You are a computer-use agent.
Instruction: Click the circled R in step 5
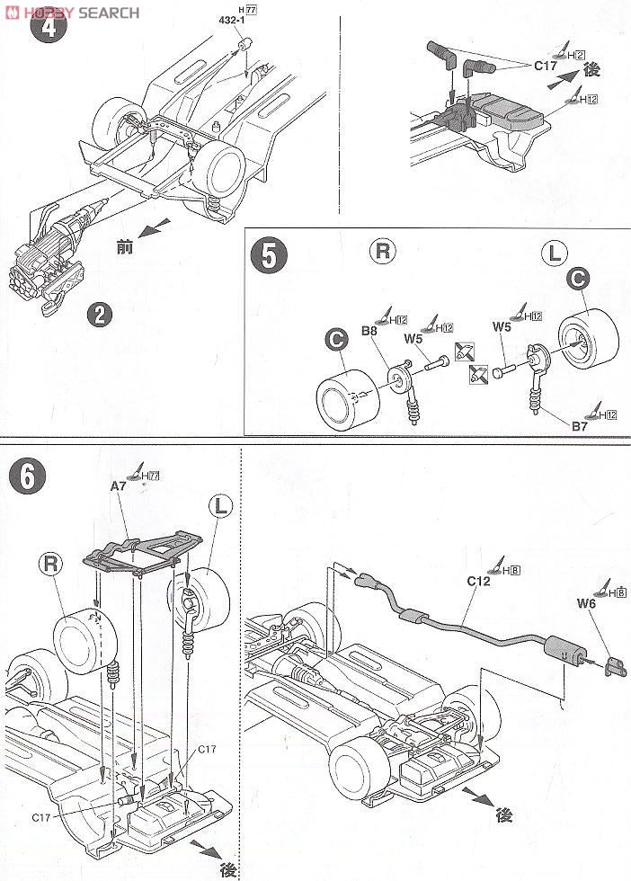384,253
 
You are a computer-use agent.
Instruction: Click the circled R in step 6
51,564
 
